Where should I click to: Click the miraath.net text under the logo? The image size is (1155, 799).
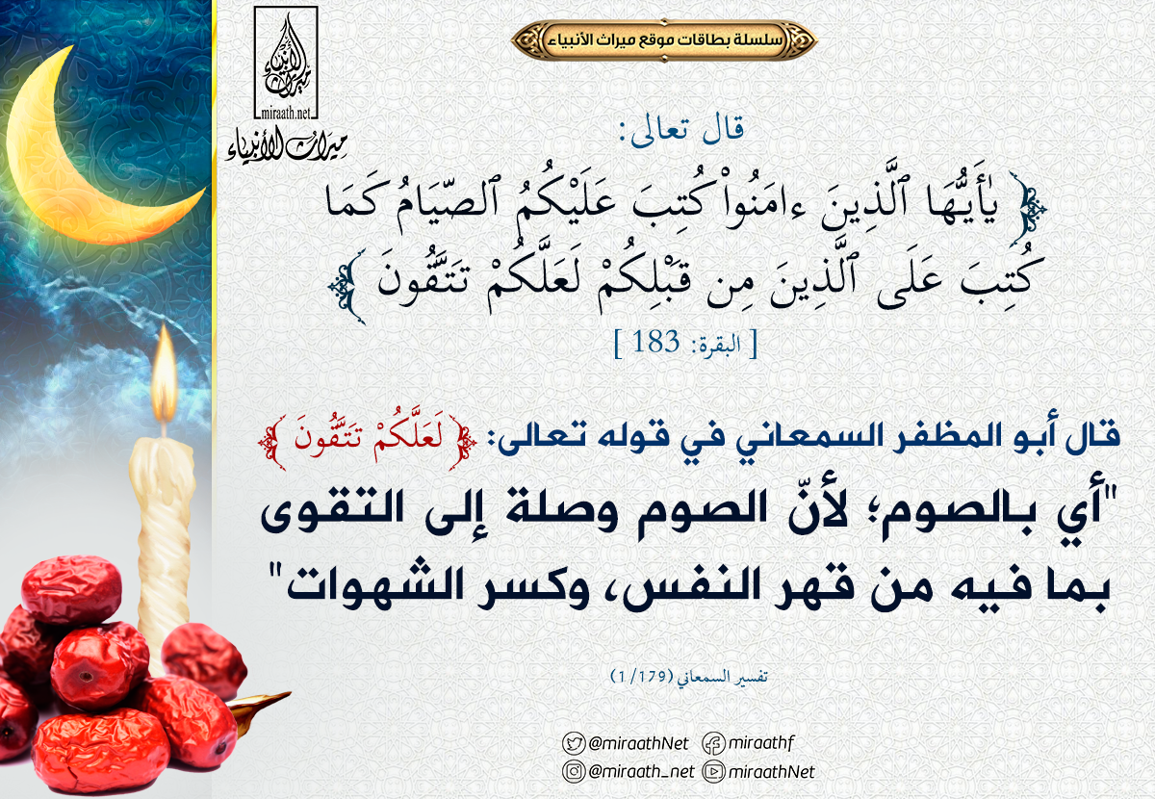pyautogui.click(x=286, y=113)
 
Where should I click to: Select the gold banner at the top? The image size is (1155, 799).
pyautogui.click(x=664, y=39)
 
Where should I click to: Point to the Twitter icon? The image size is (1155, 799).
pyautogui.click(x=574, y=743)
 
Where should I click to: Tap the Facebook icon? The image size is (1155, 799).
pyautogui.click(x=713, y=743)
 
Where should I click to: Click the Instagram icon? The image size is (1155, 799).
pyautogui.click(x=574, y=772)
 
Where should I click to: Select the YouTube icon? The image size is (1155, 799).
pyautogui.click(x=713, y=772)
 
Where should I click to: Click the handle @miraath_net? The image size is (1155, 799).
pyautogui.click(x=641, y=772)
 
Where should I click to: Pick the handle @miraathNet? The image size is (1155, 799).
pyautogui.click(x=638, y=743)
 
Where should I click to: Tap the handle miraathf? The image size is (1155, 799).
pyautogui.click(x=761, y=743)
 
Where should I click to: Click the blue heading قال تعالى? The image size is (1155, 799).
pyautogui.click(x=681, y=129)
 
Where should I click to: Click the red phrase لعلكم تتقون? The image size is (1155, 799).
pyautogui.click(x=369, y=442)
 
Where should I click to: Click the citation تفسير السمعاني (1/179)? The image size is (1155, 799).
pyautogui.click(x=689, y=676)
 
